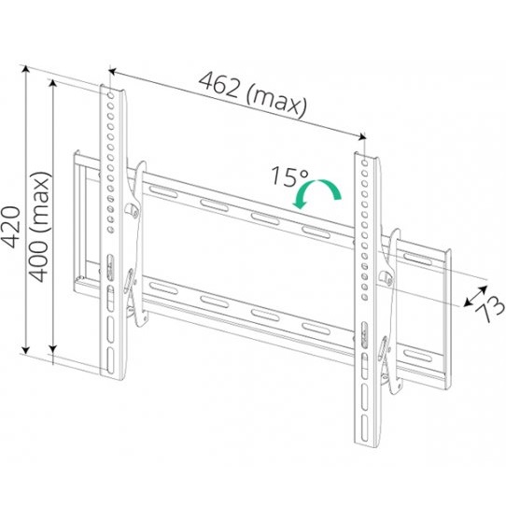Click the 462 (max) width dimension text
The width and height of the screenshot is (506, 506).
[253, 94]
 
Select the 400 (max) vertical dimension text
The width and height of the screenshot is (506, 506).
[40, 227]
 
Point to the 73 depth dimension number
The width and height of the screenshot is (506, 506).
[490, 308]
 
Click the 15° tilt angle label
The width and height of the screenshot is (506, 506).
[289, 176]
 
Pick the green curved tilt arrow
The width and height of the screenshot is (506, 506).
[316, 193]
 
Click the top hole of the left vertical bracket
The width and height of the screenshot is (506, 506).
[111, 95]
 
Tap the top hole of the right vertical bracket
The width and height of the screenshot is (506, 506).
[365, 163]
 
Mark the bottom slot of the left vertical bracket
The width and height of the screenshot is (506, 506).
[110, 360]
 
